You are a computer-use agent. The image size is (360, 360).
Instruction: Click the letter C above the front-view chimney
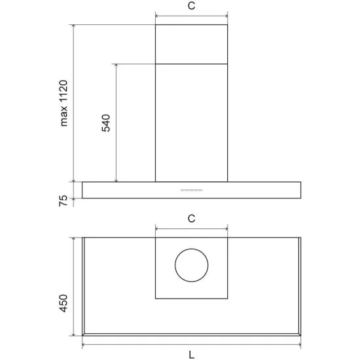click(191, 7)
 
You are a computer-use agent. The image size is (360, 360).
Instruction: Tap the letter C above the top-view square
click(191, 219)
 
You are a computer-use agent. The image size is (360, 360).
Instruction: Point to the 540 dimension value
click(106, 123)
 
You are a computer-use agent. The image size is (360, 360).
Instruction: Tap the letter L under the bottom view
click(191, 355)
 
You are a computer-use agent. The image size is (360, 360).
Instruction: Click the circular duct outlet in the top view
click(192, 266)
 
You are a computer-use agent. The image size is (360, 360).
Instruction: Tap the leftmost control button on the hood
click(181, 190)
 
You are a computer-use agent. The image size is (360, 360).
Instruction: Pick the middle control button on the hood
click(192, 190)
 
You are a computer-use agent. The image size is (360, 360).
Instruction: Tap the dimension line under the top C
click(191, 16)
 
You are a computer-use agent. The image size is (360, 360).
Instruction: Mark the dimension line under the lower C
click(191, 228)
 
